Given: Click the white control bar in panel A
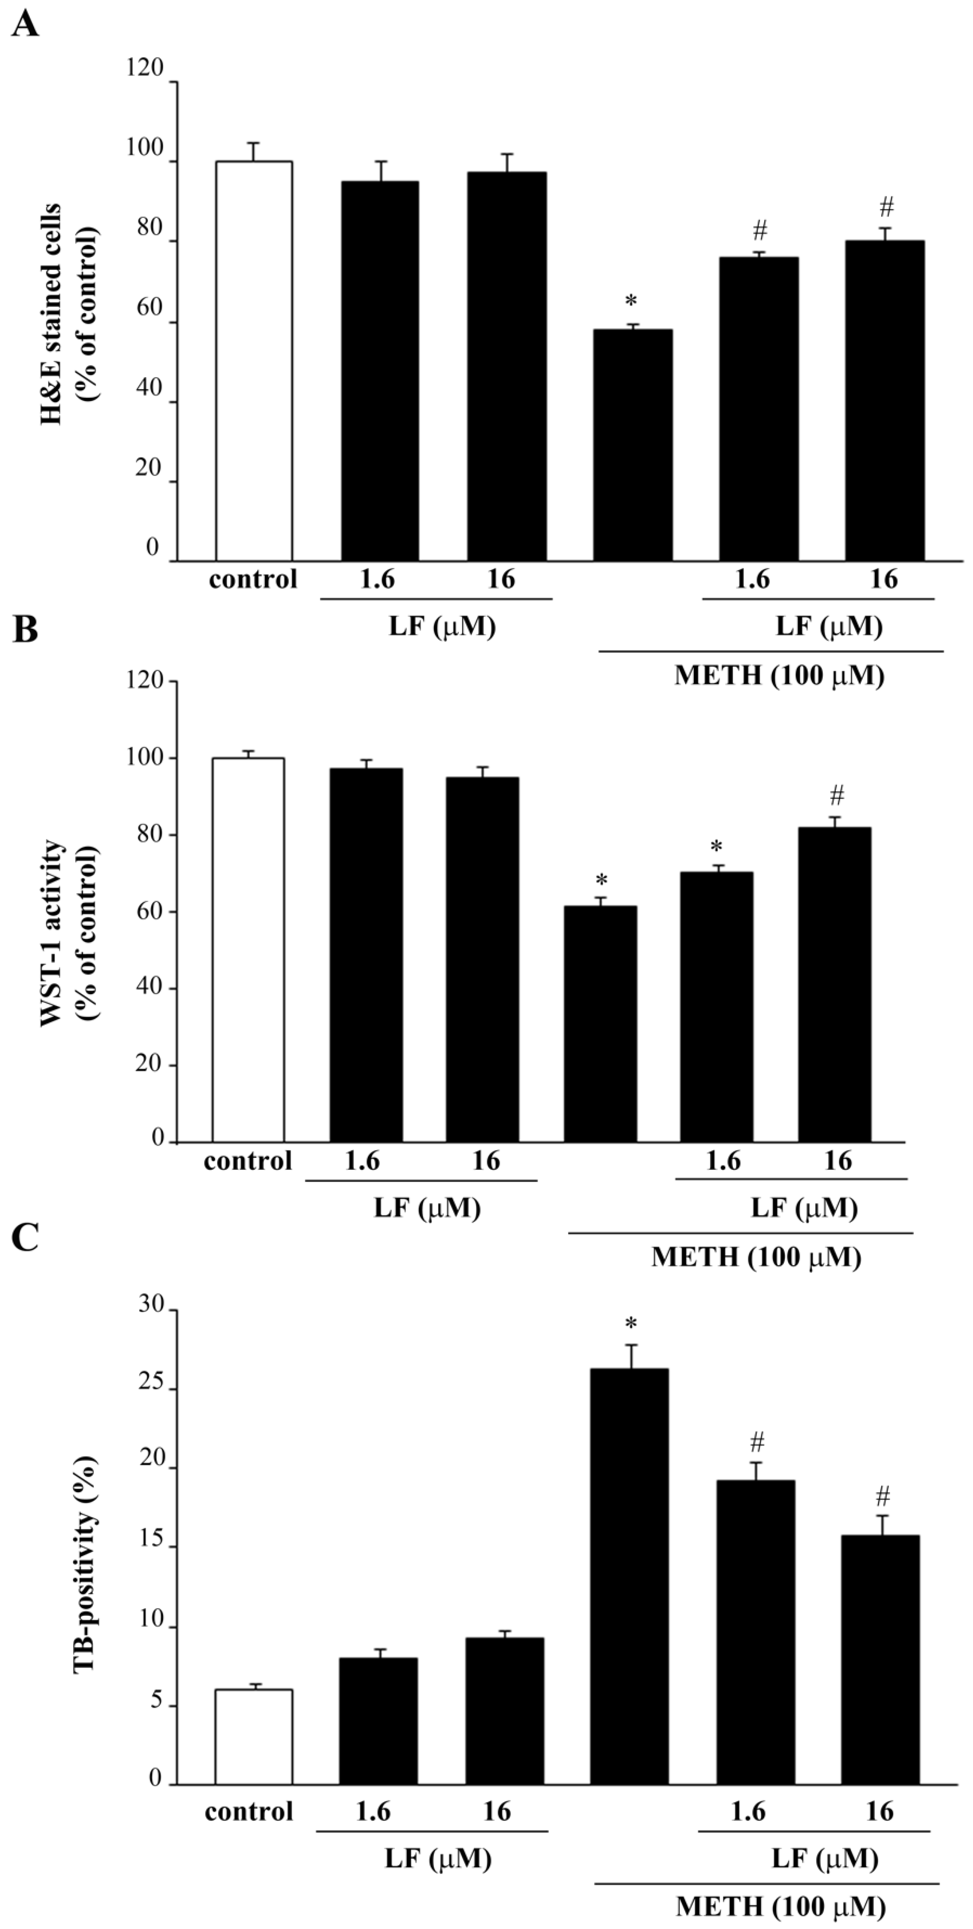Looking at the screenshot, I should pos(254,361).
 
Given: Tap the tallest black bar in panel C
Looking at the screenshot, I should pos(630,1576).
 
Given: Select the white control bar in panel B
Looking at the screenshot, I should pos(248,950).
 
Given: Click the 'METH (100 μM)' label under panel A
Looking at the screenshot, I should pos(779,676).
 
